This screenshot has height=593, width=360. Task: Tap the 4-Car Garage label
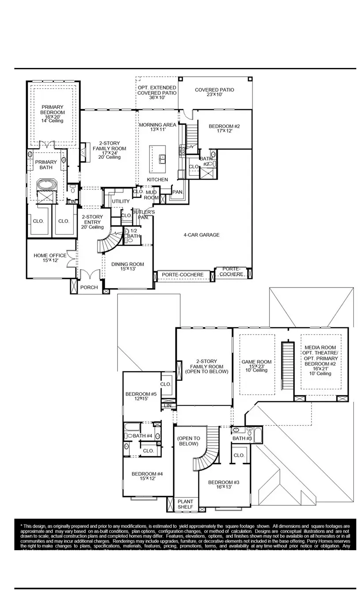pos(201,235)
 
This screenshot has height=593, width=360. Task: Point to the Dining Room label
pos(127,266)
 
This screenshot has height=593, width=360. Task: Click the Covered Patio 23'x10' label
pos(214,92)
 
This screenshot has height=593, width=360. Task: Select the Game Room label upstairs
pos(256,365)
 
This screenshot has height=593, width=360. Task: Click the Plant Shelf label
pos(185,504)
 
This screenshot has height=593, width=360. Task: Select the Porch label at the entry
pos(89,288)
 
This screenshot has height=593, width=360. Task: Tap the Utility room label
pos(120,202)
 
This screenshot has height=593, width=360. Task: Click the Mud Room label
pos(152,195)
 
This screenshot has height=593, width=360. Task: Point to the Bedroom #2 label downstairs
pos(224,128)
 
